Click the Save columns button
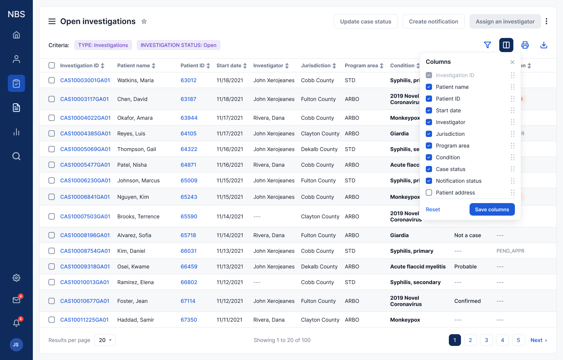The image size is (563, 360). [x=492, y=209]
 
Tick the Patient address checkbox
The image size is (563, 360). [x=429, y=193]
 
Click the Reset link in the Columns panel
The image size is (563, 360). [x=432, y=209]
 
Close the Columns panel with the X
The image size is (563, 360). [x=512, y=62]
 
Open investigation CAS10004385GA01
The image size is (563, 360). [x=85, y=133]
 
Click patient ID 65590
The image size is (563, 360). [x=189, y=216]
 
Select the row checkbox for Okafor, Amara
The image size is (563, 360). [x=52, y=118]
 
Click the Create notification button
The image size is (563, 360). [x=433, y=22]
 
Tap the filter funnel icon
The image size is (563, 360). [x=487, y=45]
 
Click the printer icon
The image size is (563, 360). [x=525, y=45]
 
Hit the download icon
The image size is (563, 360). [x=543, y=45]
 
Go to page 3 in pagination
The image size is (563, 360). [x=486, y=340]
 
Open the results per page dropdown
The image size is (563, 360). [x=105, y=340]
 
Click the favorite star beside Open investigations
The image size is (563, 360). [x=144, y=22]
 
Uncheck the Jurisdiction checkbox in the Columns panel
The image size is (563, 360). [x=429, y=134]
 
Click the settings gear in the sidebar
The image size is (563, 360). [x=16, y=278]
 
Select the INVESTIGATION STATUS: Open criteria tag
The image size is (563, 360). [x=178, y=45]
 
